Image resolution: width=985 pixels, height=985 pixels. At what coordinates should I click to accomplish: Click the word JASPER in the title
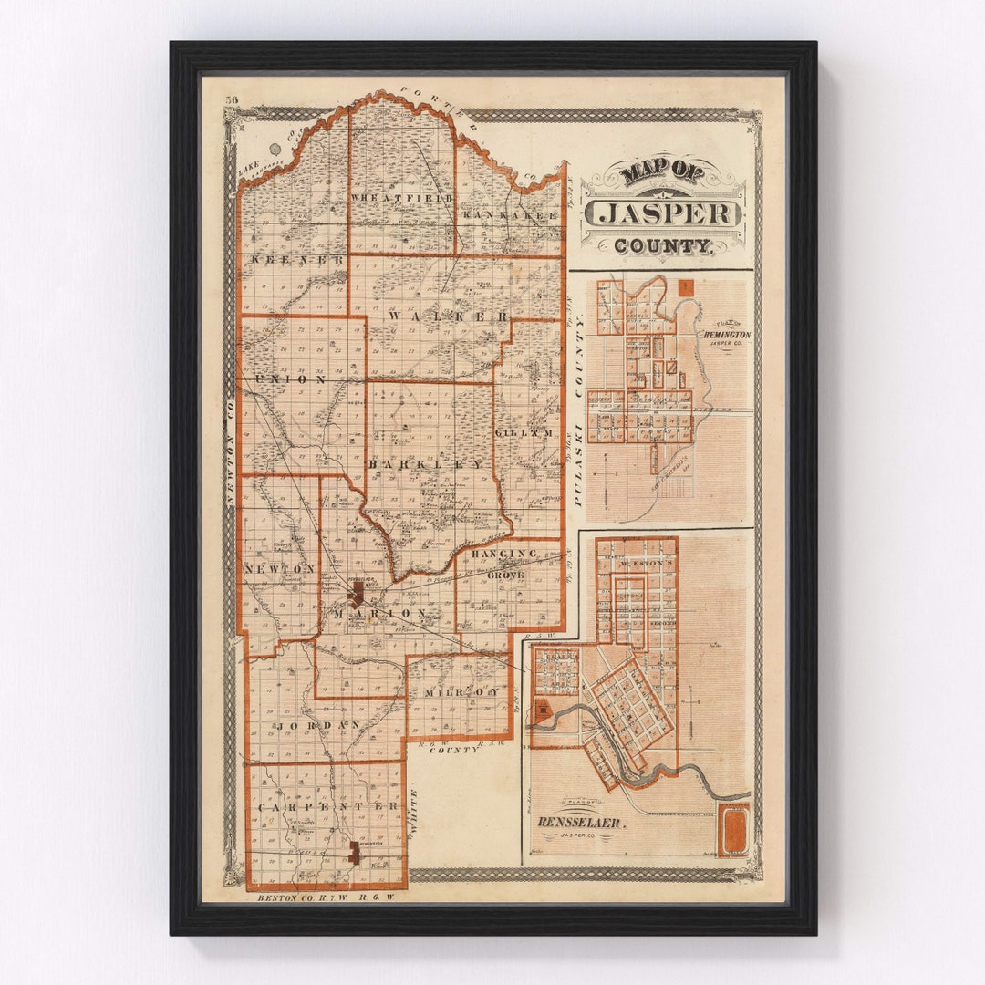pyautogui.click(x=663, y=213)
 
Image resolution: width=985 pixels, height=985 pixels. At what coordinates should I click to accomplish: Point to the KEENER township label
pyautogui.click(x=286, y=260)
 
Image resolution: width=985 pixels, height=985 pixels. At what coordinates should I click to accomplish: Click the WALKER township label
pyautogui.click(x=449, y=316)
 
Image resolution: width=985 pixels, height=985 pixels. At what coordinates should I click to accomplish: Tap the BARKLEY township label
pyautogui.click(x=427, y=464)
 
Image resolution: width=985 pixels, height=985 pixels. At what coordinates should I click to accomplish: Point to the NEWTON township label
pyautogui.click(x=279, y=568)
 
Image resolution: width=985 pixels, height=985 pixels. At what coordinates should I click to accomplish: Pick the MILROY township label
pyautogui.click(x=461, y=692)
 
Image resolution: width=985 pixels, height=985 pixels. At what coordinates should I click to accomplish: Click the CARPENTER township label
pyautogui.click(x=327, y=807)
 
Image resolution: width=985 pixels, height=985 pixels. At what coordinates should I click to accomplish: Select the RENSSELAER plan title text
pyautogui.click(x=580, y=823)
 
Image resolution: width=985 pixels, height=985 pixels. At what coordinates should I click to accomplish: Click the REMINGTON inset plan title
pyautogui.click(x=726, y=336)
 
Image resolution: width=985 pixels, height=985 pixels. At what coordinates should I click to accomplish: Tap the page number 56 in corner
pyautogui.click(x=232, y=100)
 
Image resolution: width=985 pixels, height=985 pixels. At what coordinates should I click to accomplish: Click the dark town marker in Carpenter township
pyautogui.click(x=354, y=853)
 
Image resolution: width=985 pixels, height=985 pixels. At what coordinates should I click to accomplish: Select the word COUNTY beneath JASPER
pyautogui.click(x=662, y=246)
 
